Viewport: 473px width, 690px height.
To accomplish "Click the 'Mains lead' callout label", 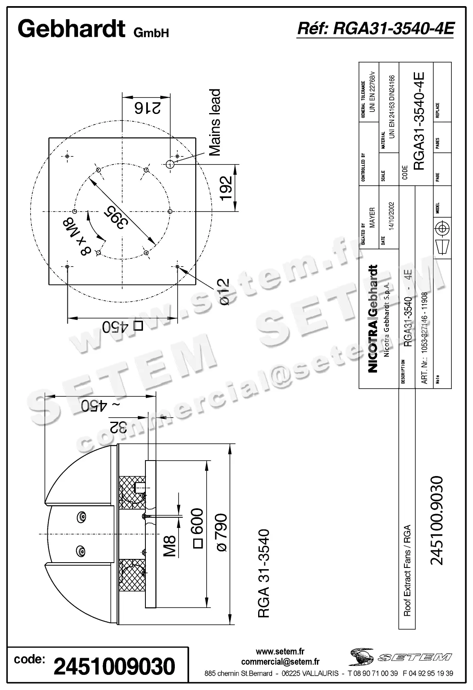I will [214, 122].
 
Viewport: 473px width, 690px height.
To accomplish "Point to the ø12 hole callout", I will [224, 292].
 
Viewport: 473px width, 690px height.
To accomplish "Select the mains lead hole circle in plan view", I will [170, 164].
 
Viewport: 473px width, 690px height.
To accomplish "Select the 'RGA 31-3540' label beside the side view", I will [264, 574].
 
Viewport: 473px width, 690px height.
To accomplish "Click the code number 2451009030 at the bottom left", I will [114, 666].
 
